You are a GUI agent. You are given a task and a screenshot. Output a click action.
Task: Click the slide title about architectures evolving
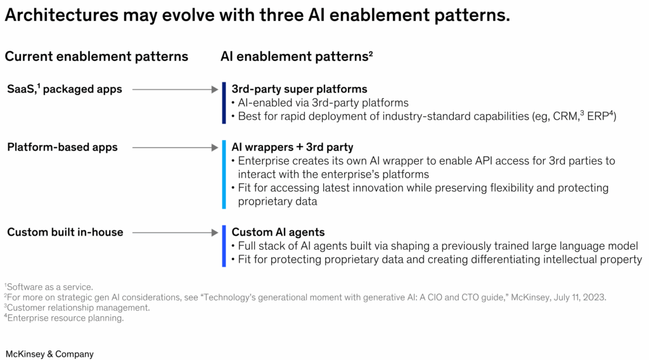(257, 16)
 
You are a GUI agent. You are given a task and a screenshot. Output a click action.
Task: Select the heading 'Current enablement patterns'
(96, 56)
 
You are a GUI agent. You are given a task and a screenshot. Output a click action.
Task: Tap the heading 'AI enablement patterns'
(295, 56)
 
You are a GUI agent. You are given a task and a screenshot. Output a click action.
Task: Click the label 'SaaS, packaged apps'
(64, 89)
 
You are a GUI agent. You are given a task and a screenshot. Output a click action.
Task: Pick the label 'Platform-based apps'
(62, 147)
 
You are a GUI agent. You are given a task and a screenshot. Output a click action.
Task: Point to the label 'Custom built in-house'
(65, 232)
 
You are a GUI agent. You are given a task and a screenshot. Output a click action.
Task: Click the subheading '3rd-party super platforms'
(299, 89)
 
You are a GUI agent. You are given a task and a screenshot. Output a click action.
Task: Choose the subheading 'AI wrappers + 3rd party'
(292, 147)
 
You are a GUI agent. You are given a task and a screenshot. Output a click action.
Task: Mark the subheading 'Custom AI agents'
(278, 232)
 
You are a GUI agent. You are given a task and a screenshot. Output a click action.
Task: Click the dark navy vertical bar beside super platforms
(224, 103)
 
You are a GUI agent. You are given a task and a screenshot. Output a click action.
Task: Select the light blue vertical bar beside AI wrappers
(224, 175)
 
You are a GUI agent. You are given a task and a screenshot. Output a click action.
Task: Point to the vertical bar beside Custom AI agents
(224, 246)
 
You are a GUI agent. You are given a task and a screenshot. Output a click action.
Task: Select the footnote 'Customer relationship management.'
(77, 307)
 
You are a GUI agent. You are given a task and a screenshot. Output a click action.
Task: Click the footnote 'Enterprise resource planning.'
(65, 318)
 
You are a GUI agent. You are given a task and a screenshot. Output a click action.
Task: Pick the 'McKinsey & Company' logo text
(49, 354)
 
